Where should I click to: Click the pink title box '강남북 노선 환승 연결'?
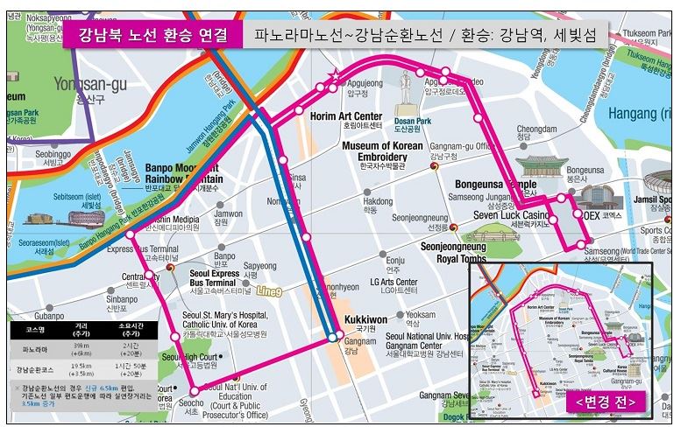click(153, 36)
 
